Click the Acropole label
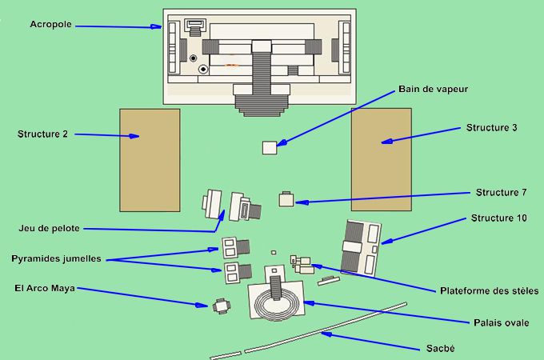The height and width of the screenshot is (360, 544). pyautogui.click(x=50, y=24)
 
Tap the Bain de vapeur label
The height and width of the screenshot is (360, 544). pyautogui.click(x=433, y=89)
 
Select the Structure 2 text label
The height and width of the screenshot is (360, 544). pyautogui.click(x=42, y=134)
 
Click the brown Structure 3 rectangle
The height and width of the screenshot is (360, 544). pyautogui.click(x=382, y=159)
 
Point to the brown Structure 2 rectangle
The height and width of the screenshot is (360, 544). pyautogui.click(x=150, y=160)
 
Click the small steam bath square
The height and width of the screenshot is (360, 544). pyautogui.click(x=270, y=148)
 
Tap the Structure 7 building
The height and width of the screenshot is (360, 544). pyautogui.click(x=286, y=199)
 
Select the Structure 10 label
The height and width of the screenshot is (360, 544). pyautogui.click(x=499, y=218)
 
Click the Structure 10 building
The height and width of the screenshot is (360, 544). pyautogui.click(x=361, y=248)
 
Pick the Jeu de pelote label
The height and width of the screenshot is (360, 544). pyautogui.click(x=50, y=229)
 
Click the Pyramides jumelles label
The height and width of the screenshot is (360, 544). pyautogui.click(x=56, y=258)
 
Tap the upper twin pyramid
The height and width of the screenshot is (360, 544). pyautogui.click(x=236, y=247)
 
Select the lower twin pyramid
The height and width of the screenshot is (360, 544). pyautogui.click(x=238, y=273)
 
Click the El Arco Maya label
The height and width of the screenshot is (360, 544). pyautogui.click(x=45, y=288)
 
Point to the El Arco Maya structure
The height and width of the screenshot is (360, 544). pyautogui.click(x=222, y=306)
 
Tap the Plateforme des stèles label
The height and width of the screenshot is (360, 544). pyautogui.click(x=489, y=290)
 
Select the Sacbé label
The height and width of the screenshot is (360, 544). pyautogui.click(x=440, y=349)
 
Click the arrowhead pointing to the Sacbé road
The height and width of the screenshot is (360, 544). pyautogui.click(x=326, y=334)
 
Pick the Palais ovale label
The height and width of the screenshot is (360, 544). pyautogui.click(x=502, y=323)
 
